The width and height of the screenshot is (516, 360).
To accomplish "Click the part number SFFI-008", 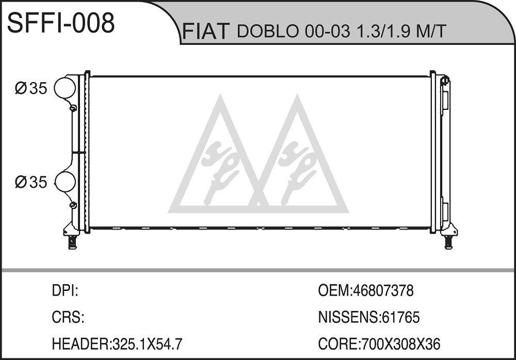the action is [61, 23].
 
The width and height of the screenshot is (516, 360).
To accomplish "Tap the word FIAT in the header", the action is [205, 31].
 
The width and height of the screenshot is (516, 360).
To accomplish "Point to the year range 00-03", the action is [328, 32].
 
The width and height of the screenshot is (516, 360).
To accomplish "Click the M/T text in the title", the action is [430, 31].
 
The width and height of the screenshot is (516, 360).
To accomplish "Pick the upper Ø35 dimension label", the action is [31, 88].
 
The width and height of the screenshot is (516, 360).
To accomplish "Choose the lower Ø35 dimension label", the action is [31, 182].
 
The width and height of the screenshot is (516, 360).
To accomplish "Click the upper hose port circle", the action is [65, 88].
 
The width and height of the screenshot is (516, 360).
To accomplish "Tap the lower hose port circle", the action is [65, 182].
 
